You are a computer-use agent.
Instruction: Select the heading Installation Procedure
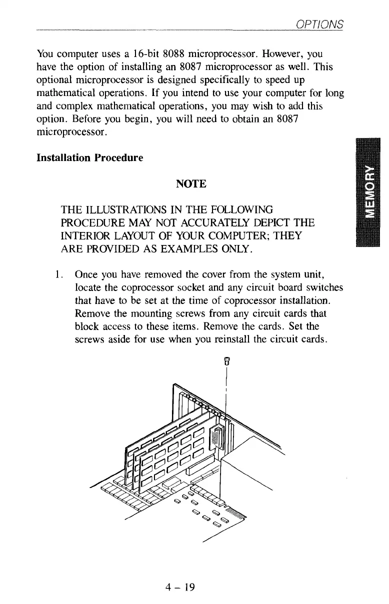click(90, 157)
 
